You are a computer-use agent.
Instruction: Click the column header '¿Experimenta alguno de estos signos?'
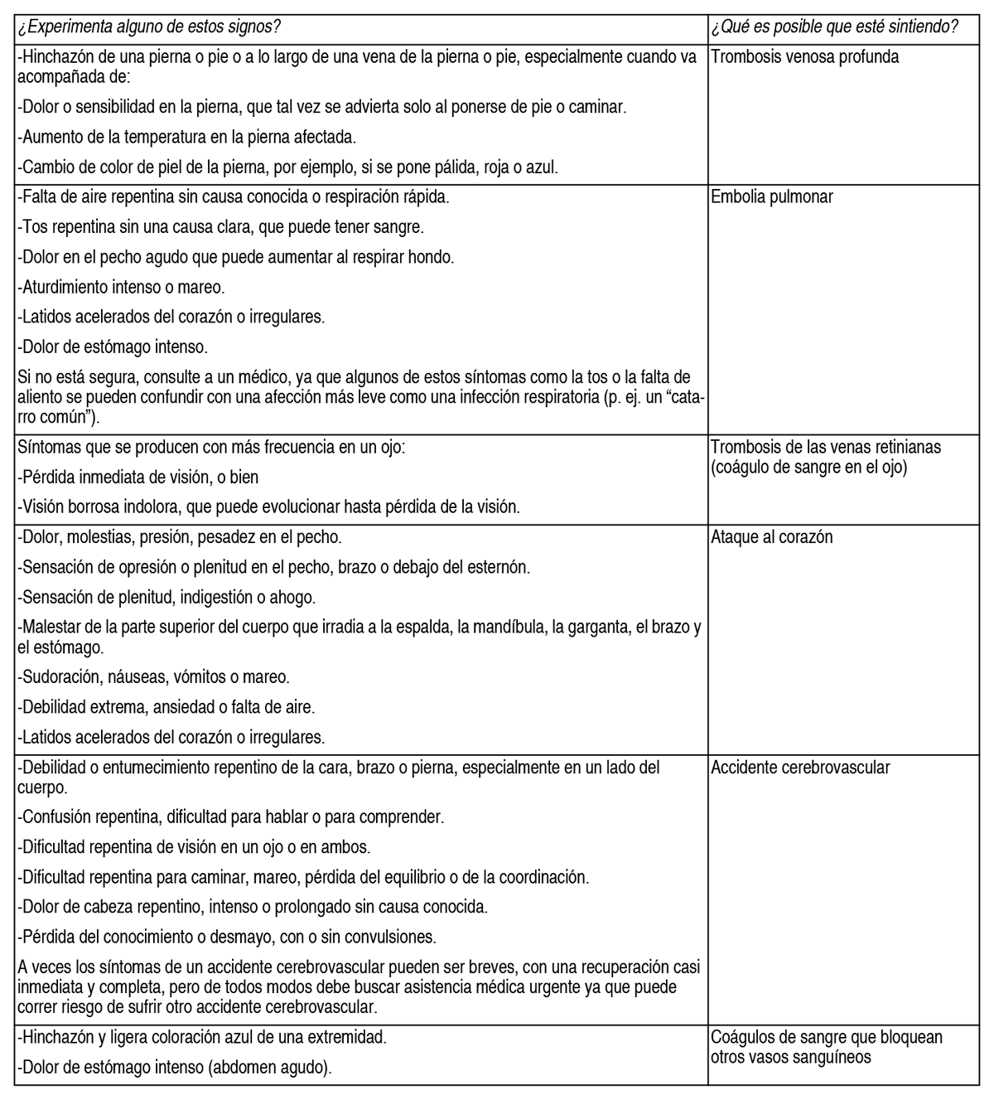(149, 27)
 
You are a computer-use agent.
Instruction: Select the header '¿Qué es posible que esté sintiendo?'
(834, 27)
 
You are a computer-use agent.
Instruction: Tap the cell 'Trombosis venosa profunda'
(804, 57)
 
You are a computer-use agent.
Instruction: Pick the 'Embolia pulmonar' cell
(772, 197)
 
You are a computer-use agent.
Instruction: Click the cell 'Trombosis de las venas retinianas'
(826, 447)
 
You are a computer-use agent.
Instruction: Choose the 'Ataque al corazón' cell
(771, 537)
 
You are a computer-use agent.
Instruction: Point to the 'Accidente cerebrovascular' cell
(800, 767)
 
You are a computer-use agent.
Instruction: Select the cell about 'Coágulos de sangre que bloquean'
(827, 1038)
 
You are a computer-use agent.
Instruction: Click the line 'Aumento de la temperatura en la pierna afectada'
(186, 137)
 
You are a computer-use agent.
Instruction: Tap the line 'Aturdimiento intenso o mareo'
(121, 287)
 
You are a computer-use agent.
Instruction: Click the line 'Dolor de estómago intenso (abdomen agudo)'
(174, 1068)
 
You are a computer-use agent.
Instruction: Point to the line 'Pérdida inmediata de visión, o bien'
(138, 477)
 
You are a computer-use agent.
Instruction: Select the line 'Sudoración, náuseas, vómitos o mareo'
(153, 677)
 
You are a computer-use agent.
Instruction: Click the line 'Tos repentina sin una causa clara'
(220, 226)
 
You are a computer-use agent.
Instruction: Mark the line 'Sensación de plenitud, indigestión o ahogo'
(166, 597)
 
